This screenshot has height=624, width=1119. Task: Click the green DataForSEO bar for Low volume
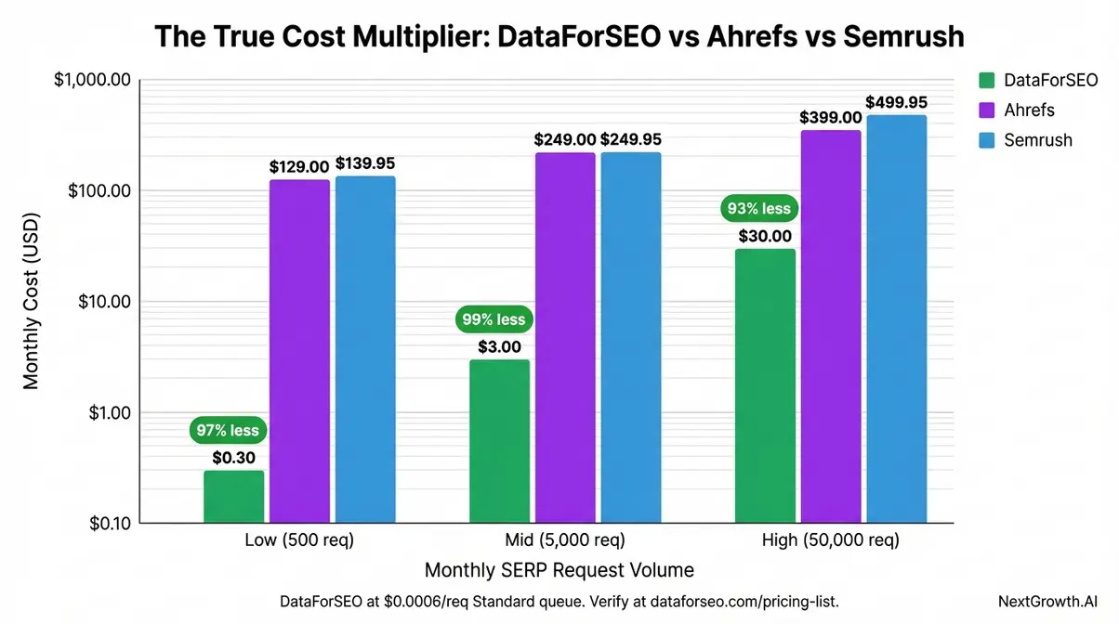coord(233,497)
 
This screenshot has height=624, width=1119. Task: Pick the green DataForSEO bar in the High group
coord(764,385)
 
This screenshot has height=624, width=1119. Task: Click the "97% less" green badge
coord(229,431)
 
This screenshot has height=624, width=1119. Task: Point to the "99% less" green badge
coord(494,319)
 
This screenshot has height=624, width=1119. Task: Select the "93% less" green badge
coord(757,209)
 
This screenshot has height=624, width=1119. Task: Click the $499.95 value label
coord(896,102)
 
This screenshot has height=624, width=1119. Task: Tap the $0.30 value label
coord(233,457)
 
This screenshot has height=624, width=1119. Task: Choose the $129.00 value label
coord(299,166)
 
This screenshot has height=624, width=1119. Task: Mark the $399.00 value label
coord(831,118)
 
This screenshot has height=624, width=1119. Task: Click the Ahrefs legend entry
coord(1029,110)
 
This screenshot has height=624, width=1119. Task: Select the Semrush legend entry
coord(1037,140)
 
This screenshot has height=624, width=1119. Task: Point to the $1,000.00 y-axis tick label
coord(91,81)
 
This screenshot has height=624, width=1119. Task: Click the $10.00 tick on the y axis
coord(102,302)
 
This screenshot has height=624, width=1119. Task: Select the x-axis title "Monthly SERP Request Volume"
coord(559,569)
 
